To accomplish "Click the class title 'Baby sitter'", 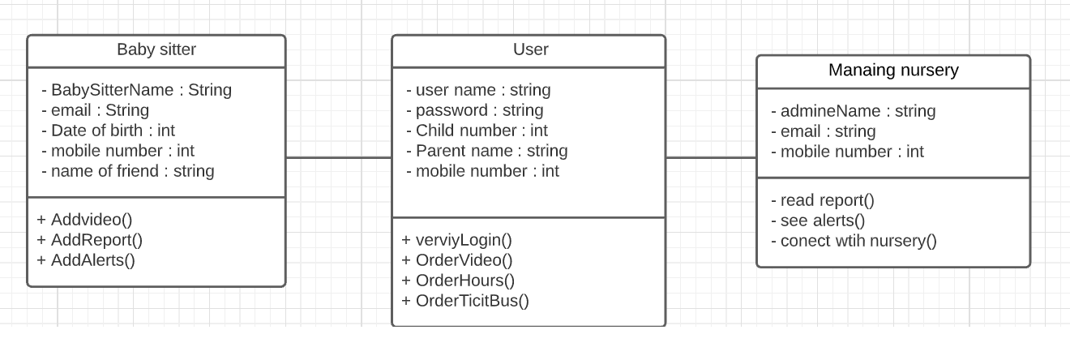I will coord(156,50).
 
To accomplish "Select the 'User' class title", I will coord(530,50).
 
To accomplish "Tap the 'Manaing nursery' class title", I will coord(893,71).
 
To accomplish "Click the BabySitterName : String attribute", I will coord(136,90).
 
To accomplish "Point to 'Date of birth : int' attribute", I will coord(108,131).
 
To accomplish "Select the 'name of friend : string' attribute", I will coord(127,171).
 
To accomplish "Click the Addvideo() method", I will coord(85,220).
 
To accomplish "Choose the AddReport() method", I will coord(89,240).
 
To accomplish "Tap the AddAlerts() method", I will coord(86,260).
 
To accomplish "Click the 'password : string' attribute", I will coord(474,110).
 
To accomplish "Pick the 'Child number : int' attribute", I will coord(477,131).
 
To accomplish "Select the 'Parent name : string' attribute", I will coord(486,151).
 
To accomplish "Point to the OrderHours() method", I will coord(458,281).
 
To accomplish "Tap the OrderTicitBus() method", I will coord(465,301).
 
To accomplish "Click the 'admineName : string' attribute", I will coord(853,111).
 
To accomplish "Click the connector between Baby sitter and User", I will coord(339,157).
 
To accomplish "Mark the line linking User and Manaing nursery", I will coord(711,157).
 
